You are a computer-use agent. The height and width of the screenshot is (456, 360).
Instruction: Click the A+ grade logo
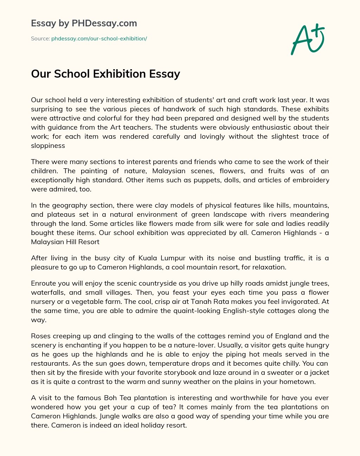tap(308, 39)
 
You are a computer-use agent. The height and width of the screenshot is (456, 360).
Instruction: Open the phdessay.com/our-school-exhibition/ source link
tap(99, 39)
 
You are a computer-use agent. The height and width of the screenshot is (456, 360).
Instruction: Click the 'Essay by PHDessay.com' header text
tap(84, 24)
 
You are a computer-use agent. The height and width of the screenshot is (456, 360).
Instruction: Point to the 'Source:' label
tap(40, 39)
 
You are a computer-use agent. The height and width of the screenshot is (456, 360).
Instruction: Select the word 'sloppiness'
tap(48, 145)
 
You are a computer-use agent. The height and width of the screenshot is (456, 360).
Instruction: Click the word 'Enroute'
tap(42, 283)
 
